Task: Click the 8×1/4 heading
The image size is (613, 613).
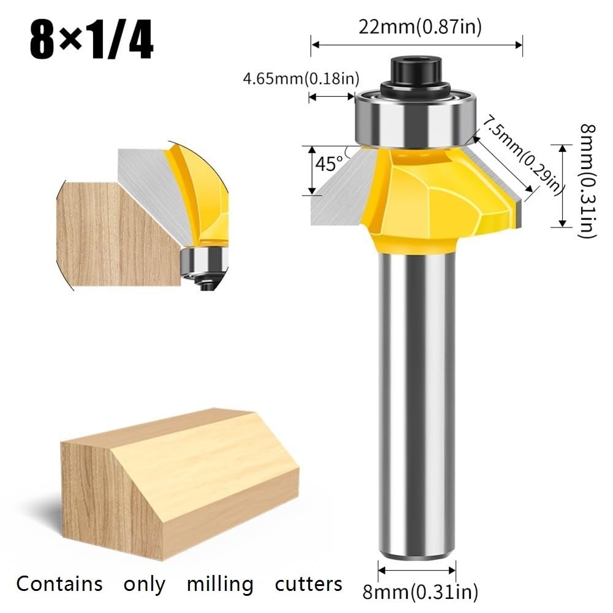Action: click(91, 41)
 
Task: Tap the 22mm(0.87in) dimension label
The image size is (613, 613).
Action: click(420, 27)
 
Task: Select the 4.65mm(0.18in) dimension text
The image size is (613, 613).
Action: click(301, 78)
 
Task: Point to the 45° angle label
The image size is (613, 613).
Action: click(329, 164)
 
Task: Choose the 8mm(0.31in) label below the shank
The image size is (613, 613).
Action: click(421, 592)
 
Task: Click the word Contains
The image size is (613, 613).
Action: click(59, 584)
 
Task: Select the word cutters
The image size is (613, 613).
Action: click(308, 584)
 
